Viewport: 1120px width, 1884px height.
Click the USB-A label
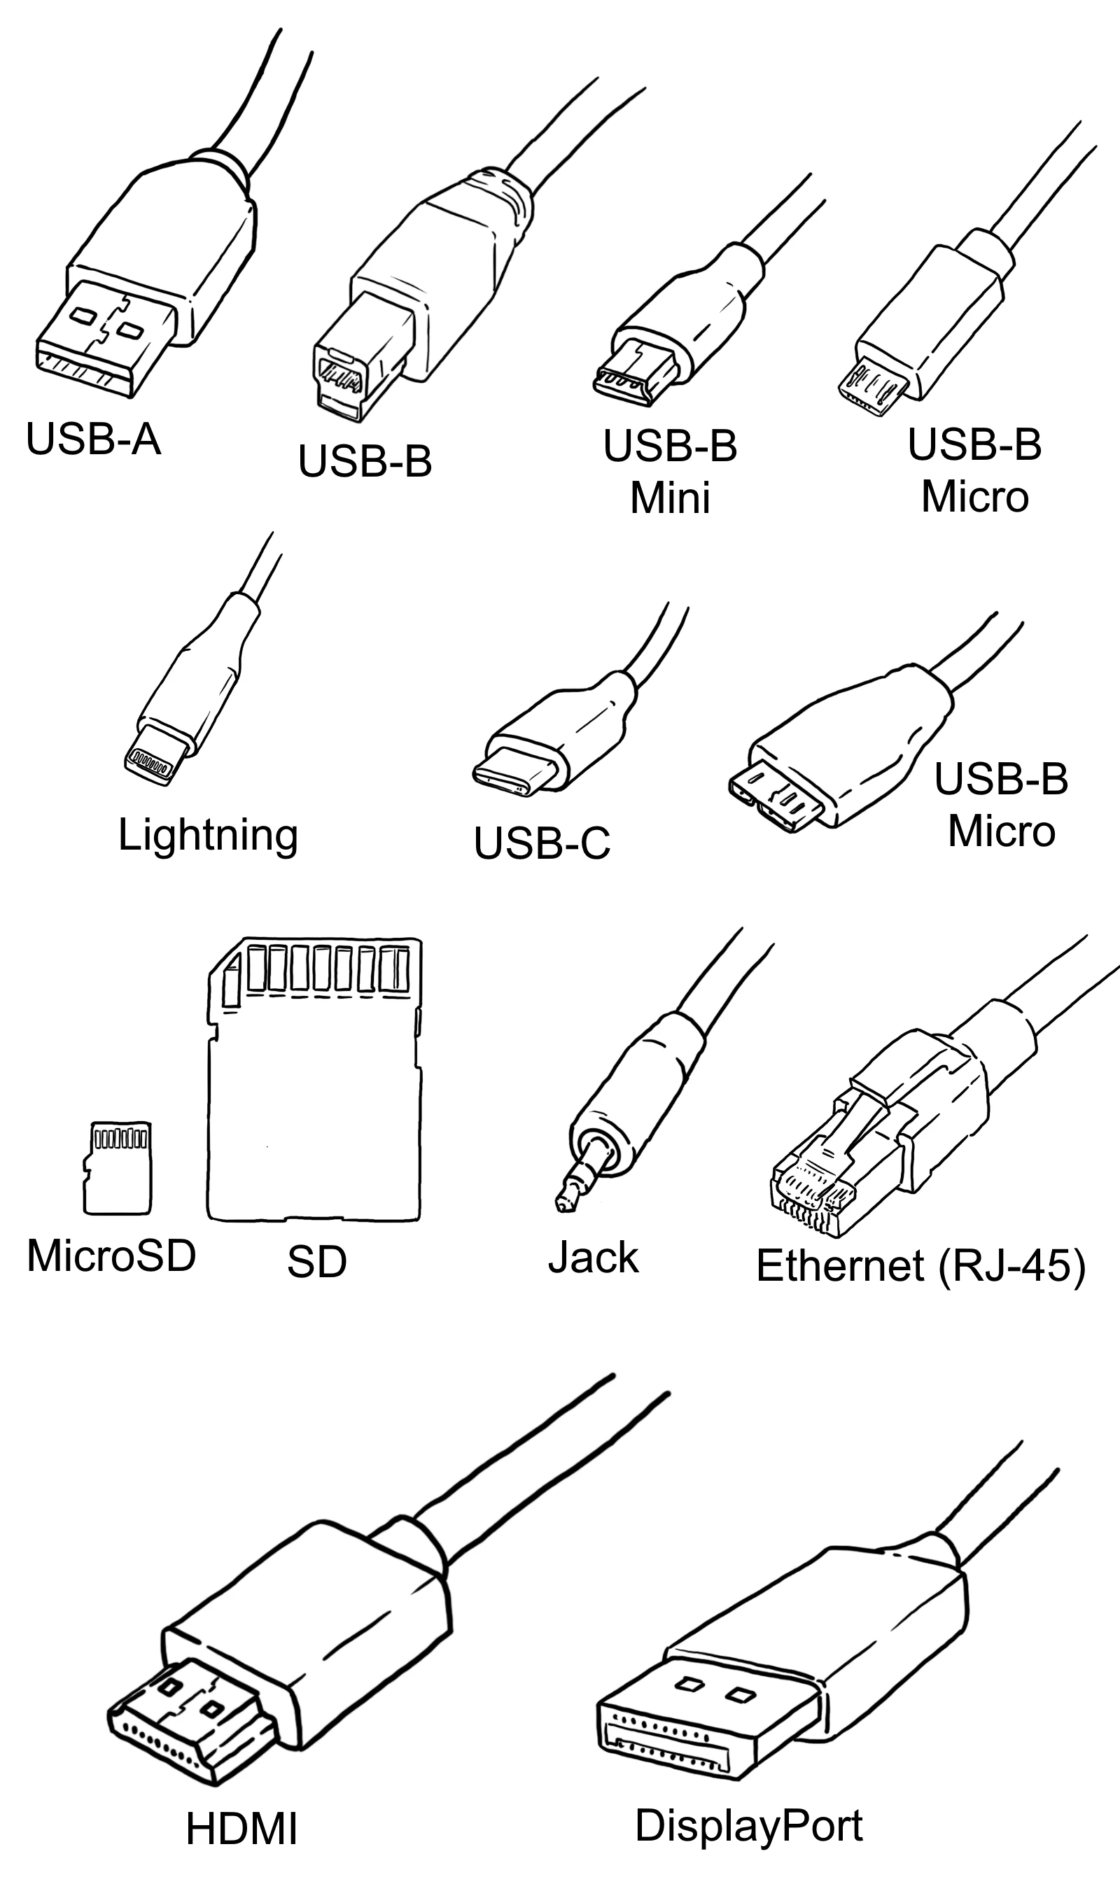93,438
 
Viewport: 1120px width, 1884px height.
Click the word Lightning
207,835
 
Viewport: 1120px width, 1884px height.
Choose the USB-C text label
541,843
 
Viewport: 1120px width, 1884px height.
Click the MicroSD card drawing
118,1168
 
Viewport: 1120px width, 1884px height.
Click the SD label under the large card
316,1262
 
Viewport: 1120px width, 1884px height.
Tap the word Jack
593,1258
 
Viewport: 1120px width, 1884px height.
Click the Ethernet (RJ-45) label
920,1265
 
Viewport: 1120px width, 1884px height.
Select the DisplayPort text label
749,1826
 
